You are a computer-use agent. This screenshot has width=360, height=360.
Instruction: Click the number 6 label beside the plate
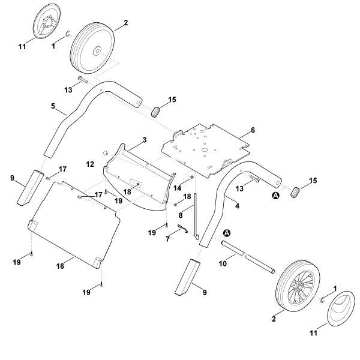(253, 130)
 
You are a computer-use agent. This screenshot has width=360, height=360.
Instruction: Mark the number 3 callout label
(143, 140)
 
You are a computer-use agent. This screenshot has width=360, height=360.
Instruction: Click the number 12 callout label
(90, 163)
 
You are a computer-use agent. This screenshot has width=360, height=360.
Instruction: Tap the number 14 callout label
(177, 188)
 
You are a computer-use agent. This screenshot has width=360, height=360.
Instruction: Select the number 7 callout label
(167, 239)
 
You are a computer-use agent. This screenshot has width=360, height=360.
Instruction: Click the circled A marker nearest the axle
(227, 232)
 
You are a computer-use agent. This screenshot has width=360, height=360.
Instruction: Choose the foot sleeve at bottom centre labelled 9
(187, 277)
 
